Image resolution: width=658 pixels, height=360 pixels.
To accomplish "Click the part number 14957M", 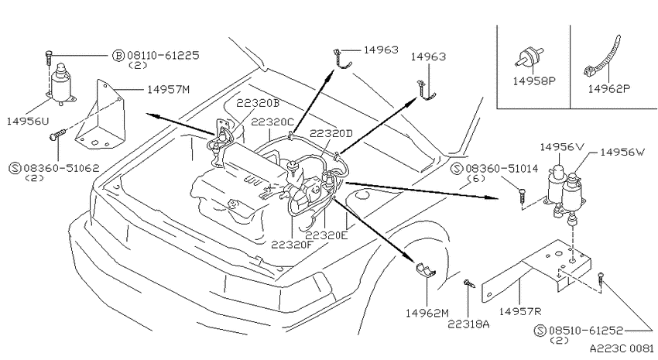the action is [x=168, y=89].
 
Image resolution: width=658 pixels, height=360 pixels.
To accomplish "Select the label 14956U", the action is [x=28, y=122].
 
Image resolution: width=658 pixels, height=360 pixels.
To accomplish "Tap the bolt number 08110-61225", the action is [x=163, y=56].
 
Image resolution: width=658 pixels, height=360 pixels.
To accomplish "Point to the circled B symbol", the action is [x=118, y=56].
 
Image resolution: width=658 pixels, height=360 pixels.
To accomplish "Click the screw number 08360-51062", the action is [x=61, y=168].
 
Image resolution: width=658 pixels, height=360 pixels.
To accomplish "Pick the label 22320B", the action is [x=258, y=103].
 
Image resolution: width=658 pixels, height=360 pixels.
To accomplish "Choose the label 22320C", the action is [x=272, y=122].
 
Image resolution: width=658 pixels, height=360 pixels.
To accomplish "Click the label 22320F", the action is [x=293, y=244].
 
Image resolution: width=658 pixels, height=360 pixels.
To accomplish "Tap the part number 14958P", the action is [x=534, y=81].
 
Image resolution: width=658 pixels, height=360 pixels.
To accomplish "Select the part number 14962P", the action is [x=608, y=89].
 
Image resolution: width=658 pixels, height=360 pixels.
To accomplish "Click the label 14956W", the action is [x=622, y=152].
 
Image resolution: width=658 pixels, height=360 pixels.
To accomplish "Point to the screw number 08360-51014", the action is [x=501, y=169].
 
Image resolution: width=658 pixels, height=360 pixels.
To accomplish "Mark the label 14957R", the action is [x=520, y=311].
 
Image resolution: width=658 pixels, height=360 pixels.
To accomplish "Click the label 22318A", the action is [x=468, y=324].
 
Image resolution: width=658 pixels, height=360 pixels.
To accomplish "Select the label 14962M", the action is [x=427, y=313].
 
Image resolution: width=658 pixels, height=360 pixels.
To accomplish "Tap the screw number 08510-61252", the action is [x=586, y=331].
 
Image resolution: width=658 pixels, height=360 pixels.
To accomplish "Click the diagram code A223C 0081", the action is [x=622, y=348].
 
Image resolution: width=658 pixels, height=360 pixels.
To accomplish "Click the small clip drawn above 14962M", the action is [x=426, y=270].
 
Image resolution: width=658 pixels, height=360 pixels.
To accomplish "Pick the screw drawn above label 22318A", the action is [x=469, y=283].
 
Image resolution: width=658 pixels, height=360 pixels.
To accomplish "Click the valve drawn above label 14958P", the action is [x=527, y=57].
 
